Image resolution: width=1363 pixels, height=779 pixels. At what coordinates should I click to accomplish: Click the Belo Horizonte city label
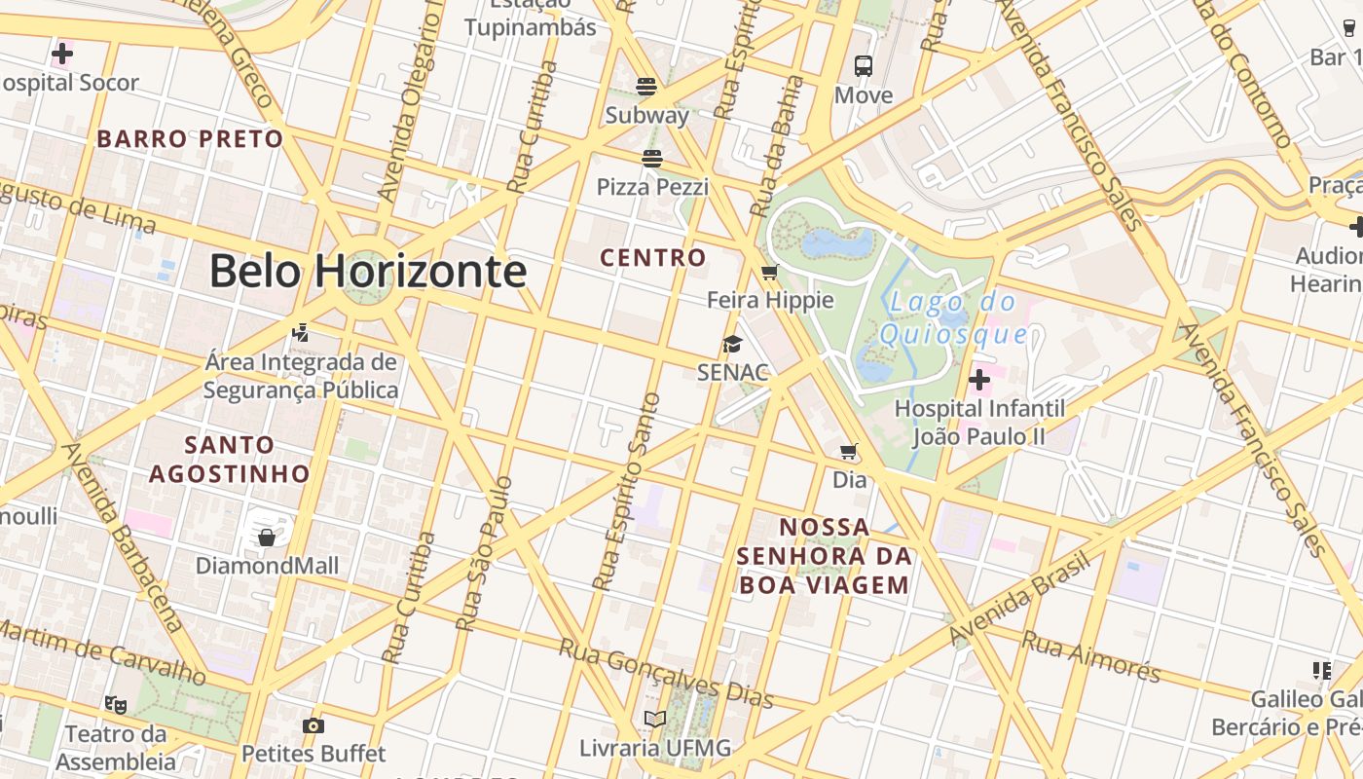(x=368, y=271)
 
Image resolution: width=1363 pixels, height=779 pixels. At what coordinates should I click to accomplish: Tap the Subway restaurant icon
(x=646, y=86)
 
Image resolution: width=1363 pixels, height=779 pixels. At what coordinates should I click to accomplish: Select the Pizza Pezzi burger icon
(x=652, y=158)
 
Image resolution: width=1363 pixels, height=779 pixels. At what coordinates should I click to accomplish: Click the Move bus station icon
(x=864, y=66)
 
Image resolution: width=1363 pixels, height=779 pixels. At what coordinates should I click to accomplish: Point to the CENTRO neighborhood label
(x=652, y=258)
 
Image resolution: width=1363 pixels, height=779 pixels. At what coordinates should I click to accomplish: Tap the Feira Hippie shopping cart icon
(x=770, y=272)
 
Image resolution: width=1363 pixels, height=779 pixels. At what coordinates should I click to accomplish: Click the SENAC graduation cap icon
(x=732, y=344)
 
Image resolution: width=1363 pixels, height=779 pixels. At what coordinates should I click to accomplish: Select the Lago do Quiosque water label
(x=954, y=318)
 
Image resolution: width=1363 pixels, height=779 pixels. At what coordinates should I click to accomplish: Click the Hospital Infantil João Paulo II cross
(x=979, y=380)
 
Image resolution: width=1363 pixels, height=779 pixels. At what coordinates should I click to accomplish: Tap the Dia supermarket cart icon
(x=849, y=451)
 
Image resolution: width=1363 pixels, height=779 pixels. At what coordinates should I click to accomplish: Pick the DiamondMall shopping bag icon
(x=267, y=538)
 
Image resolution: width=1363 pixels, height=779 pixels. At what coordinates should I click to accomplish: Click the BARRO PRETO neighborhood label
(x=190, y=138)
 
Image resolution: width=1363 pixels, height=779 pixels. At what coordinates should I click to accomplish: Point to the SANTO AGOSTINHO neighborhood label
(x=230, y=460)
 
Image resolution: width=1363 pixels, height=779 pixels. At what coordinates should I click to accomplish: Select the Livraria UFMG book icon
(x=655, y=720)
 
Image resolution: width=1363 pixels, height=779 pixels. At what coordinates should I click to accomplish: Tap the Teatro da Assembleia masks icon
(x=116, y=703)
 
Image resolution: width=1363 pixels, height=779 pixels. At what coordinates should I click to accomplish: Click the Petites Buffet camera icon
(x=313, y=725)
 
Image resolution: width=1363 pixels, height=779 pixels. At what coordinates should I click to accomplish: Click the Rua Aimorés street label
(x=1090, y=653)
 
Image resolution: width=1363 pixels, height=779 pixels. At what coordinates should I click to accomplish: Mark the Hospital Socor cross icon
(x=62, y=54)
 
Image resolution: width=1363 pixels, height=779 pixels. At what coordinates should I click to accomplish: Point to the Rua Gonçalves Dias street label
(x=667, y=672)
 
